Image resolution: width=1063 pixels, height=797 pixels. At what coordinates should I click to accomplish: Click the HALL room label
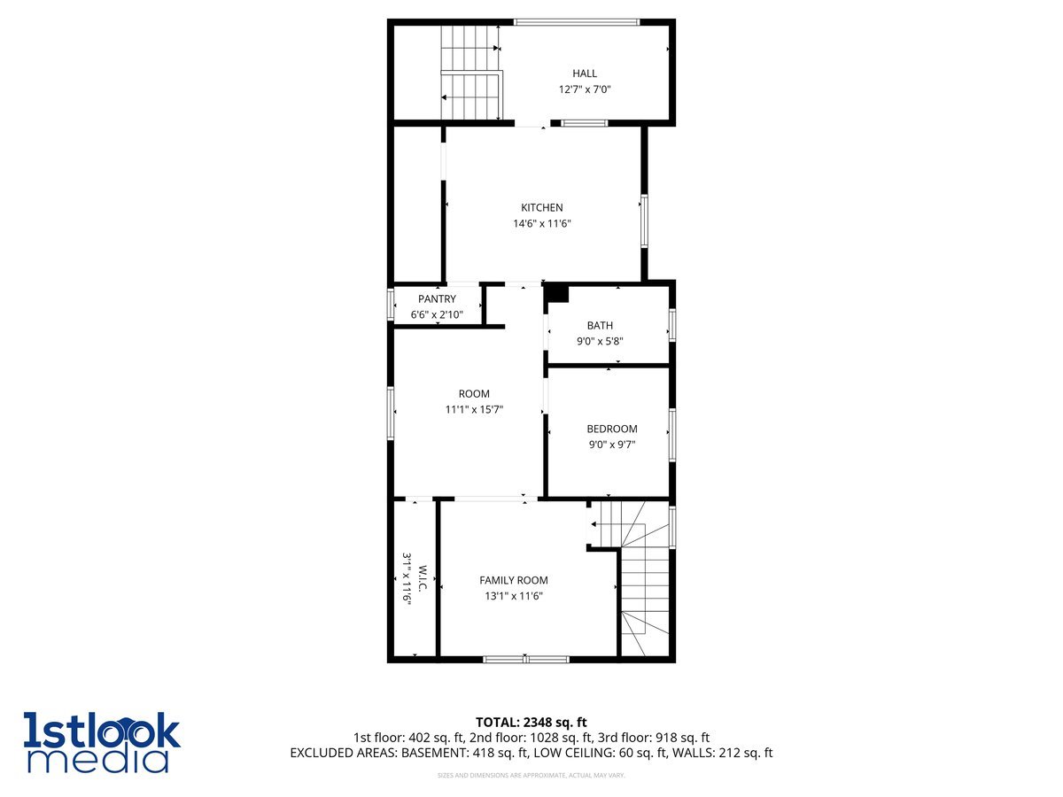coord(585,74)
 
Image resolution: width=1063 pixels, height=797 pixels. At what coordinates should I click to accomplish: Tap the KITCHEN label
coord(541,208)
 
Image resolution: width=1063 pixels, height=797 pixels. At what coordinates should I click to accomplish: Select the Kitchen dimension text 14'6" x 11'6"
coord(541,224)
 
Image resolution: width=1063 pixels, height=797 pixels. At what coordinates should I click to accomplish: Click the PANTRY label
coord(437,299)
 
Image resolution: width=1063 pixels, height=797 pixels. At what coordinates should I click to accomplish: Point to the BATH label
coord(600,326)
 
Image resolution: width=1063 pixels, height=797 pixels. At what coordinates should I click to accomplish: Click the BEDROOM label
coord(611,429)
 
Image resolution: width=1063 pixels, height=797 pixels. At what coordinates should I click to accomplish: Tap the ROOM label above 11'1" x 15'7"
coord(474,394)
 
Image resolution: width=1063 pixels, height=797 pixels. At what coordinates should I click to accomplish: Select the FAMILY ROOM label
coord(514,581)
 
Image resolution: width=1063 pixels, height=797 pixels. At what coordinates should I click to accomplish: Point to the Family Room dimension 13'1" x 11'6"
coord(514,597)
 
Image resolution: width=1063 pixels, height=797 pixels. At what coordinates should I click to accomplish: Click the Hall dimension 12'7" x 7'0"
coord(585,89)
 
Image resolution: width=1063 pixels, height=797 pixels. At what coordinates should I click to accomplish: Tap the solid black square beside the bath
coord(557,292)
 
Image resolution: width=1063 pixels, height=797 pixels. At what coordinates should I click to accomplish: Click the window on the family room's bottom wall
coord(526,659)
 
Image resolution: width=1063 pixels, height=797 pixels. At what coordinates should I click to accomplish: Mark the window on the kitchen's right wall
coord(645,221)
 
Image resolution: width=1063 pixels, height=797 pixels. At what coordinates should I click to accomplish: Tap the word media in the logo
coord(97,760)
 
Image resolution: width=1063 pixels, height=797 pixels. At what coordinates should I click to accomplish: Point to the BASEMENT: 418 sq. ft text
coord(464,754)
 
